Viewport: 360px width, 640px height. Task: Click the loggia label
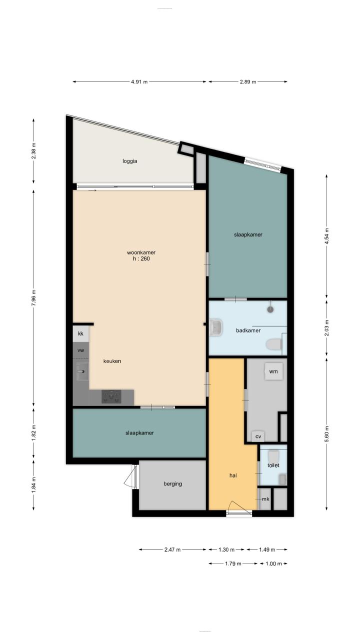[130, 161]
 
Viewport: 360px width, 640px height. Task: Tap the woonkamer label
[141, 252]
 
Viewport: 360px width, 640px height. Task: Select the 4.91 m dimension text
[139, 81]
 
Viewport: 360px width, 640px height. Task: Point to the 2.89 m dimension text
[248, 81]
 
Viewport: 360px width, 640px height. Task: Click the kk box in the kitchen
[81, 333]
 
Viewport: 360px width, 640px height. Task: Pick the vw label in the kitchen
[81, 350]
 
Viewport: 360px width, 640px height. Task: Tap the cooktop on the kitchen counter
[111, 397]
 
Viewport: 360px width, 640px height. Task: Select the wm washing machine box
[273, 371]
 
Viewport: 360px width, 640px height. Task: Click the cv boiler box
[258, 436]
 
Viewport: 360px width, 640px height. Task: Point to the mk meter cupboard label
[265, 499]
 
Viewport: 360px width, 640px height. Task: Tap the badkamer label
[248, 330]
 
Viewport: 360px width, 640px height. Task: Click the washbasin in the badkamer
[216, 327]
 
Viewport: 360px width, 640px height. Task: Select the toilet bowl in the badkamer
[273, 344]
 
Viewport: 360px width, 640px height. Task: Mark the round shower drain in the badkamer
[270, 309]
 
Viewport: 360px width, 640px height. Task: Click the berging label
[173, 484]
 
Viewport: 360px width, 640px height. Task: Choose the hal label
[233, 475]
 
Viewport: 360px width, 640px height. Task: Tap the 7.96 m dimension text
[33, 298]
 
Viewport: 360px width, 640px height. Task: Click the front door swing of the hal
[240, 507]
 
